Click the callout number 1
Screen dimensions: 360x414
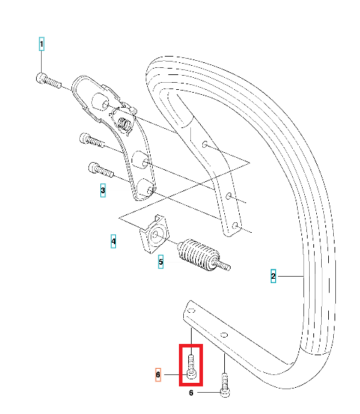point(42,44)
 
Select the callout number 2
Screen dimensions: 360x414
point(273,276)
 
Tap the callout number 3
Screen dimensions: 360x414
point(103,190)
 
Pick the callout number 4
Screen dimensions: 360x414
point(113,241)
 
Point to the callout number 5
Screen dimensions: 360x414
point(161,262)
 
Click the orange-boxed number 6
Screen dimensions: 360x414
point(158,374)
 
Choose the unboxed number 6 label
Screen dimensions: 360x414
point(191,393)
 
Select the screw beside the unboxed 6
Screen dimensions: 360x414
point(225,385)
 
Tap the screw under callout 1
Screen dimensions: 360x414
point(48,81)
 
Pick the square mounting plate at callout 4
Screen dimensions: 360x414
point(154,234)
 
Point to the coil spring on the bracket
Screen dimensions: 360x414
point(124,124)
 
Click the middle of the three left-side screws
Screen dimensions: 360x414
point(92,140)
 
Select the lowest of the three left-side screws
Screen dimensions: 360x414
point(100,170)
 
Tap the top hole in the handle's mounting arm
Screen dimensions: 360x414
point(204,144)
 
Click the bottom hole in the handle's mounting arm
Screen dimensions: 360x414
point(235,226)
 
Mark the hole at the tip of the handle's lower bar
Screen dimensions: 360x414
point(192,311)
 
